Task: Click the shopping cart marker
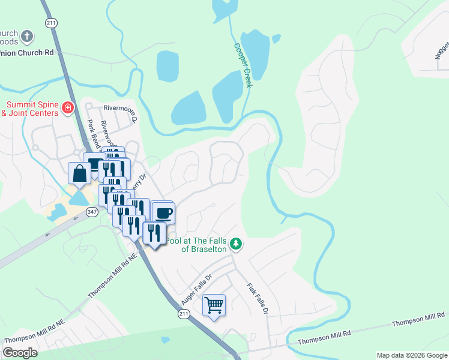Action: click(214, 305)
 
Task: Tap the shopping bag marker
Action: click(80, 174)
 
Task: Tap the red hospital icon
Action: click(68, 108)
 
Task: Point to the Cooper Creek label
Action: click(243, 65)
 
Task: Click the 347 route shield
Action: click(92, 212)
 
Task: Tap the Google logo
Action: click(20, 353)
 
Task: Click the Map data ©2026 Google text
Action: click(411, 355)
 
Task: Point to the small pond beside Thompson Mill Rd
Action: click(165, 340)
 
